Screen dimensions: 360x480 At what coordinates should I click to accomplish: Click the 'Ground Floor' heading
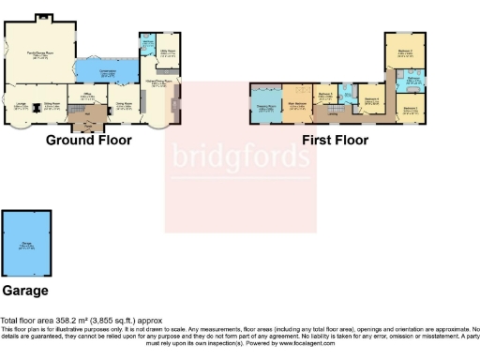tap(88, 141)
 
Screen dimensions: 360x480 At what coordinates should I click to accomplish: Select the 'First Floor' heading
tap(335, 141)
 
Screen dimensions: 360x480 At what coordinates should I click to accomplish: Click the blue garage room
tap(26, 246)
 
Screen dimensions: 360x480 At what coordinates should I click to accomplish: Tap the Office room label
tap(85, 96)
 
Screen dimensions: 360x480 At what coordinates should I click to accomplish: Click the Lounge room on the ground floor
tap(21, 107)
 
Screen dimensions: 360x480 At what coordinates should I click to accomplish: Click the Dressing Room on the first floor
tap(265, 107)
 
